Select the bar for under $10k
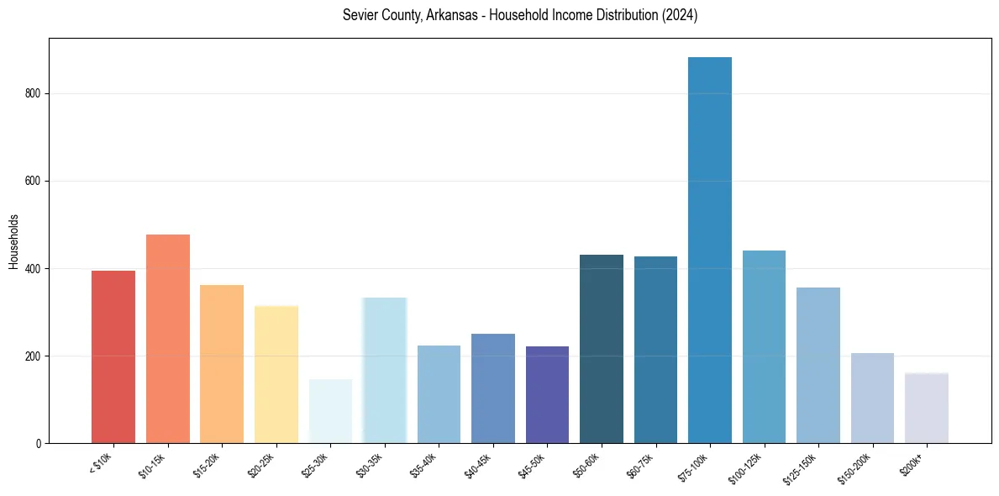(113, 357)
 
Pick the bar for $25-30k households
(330, 411)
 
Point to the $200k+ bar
(927, 408)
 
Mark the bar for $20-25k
(276, 375)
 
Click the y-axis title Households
(13, 241)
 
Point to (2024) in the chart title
(679, 15)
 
